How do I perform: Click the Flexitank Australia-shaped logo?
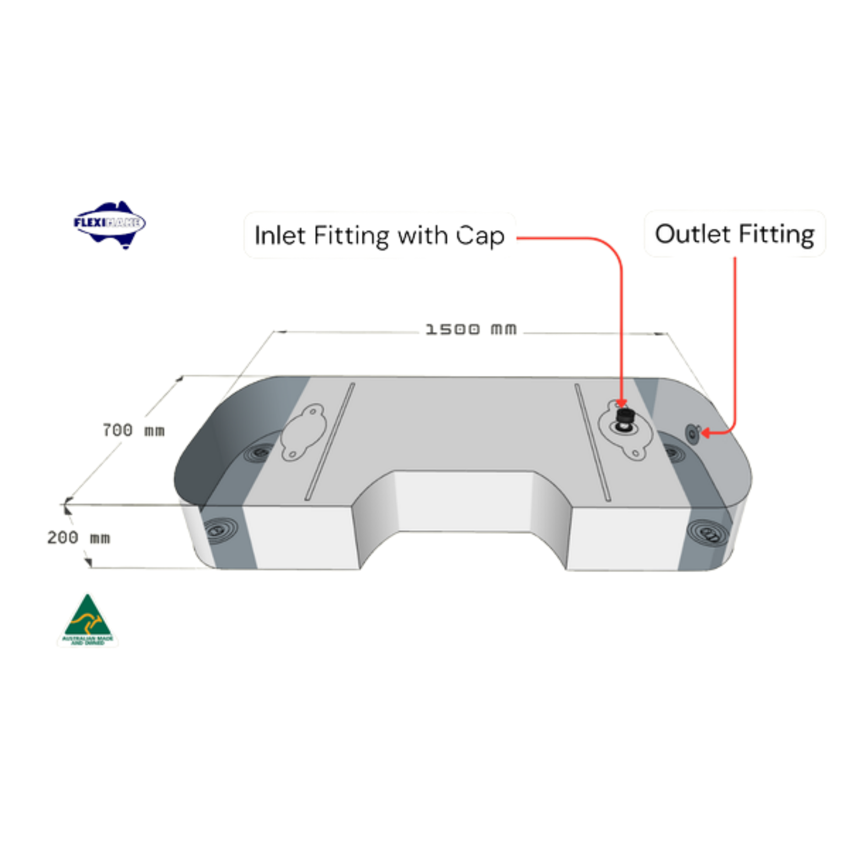[109, 224]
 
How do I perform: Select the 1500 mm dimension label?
[471, 329]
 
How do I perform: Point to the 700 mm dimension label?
[133, 430]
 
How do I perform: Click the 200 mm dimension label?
[78, 537]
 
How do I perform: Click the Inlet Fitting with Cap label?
[379, 236]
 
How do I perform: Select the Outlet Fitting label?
[734, 234]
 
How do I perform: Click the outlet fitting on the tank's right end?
[692, 434]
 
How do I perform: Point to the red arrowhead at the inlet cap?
[621, 404]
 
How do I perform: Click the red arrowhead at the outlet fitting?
[705, 433]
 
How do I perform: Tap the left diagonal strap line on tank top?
[330, 441]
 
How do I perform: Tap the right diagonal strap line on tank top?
[592, 442]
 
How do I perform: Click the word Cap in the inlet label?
[480, 236]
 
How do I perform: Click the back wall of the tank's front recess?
[464, 500]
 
